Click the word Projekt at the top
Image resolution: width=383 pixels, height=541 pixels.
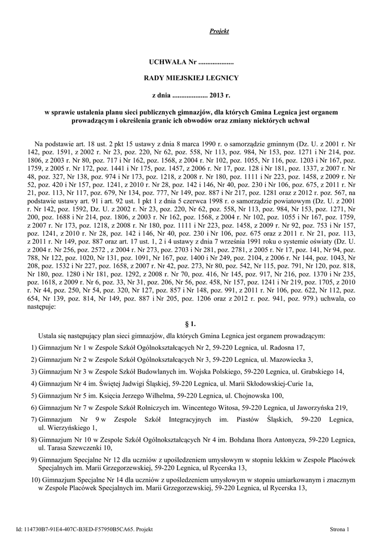[219, 32]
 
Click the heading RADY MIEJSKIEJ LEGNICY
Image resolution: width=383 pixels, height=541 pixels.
[191, 78]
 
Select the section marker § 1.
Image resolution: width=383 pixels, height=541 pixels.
[191, 325]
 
